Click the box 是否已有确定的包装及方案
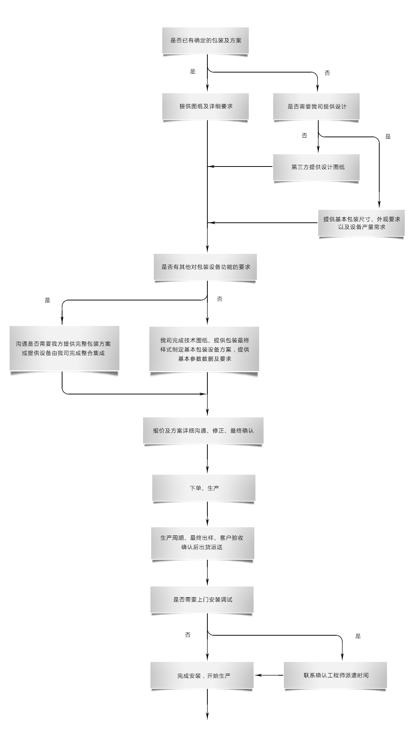click(206, 40)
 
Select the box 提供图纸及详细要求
click(206, 106)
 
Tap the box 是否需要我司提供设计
click(316, 106)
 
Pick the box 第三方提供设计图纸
click(316, 167)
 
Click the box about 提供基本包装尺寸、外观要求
click(362, 223)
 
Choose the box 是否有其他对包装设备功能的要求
click(205, 267)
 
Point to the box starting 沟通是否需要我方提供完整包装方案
click(64, 348)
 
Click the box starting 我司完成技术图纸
click(204, 349)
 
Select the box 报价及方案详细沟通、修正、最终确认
click(203, 430)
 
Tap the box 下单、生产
click(204, 488)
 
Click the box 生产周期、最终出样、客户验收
click(203, 543)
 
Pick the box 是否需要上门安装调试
click(202, 599)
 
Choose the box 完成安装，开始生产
click(202, 675)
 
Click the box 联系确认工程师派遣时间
click(335, 675)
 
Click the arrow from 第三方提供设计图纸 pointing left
click(240, 166)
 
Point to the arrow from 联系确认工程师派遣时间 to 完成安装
click(269, 675)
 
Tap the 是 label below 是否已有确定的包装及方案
click(193, 71)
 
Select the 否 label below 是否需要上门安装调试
click(188, 635)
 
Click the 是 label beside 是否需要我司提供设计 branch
click(388, 137)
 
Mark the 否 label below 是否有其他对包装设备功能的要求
click(220, 299)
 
